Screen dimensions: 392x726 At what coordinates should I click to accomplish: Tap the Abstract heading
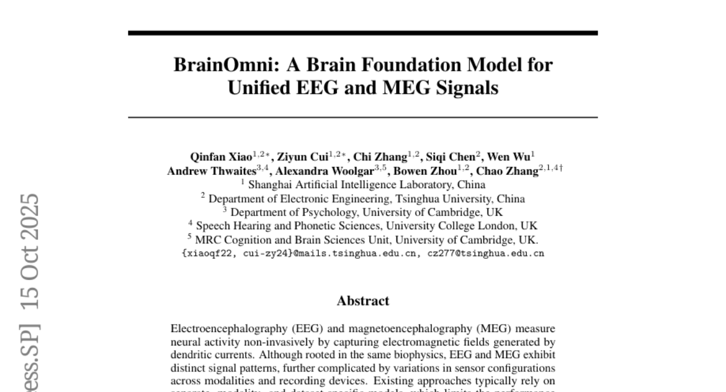tap(363, 301)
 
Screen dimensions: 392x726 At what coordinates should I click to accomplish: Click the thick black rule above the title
tap(363, 33)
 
